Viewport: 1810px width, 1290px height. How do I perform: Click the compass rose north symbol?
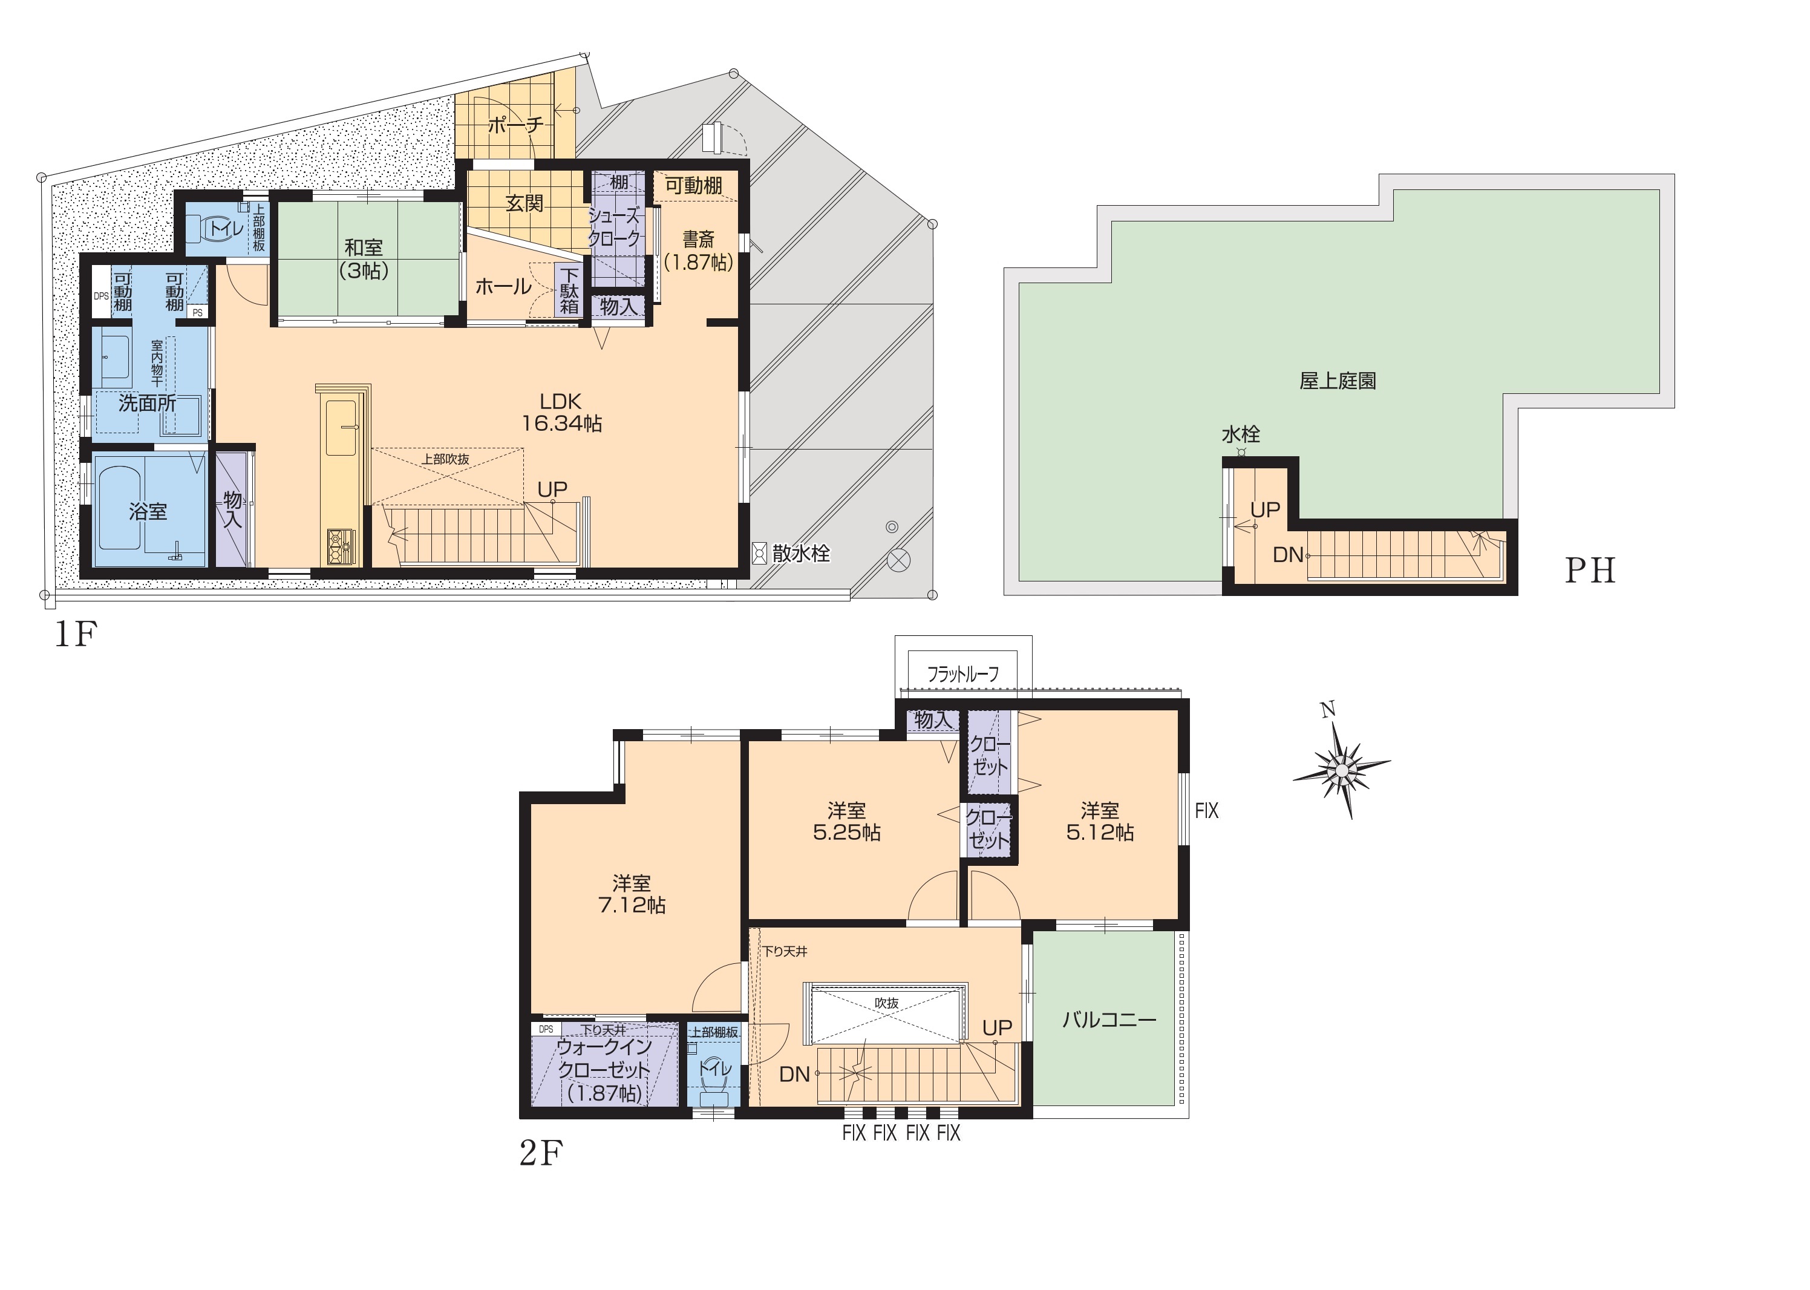pyautogui.click(x=1341, y=767)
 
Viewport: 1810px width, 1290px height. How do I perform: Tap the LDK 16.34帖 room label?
pyautogui.click(x=561, y=412)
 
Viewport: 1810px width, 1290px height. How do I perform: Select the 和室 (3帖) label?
pyautogui.click(x=364, y=259)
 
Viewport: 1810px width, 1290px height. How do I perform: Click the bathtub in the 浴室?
pyautogui.click(x=121, y=508)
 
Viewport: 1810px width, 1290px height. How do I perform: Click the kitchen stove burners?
pyautogui.click(x=341, y=546)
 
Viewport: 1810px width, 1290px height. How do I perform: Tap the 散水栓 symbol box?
pyautogui.click(x=759, y=554)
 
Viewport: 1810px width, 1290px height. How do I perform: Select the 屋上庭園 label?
pyautogui.click(x=1338, y=381)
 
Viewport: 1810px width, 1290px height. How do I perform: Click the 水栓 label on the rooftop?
pyautogui.click(x=1241, y=434)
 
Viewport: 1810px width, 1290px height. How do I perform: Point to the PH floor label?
pyautogui.click(x=1590, y=571)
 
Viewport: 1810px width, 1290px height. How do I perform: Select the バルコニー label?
pyautogui.click(x=1109, y=1020)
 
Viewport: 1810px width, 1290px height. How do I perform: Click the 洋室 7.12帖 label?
pyautogui.click(x=632, y=894)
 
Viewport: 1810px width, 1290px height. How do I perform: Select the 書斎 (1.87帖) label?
pyautogui.click(x=699, y=250)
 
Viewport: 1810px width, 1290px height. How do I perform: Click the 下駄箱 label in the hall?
pyautogui.click(x=569, y=290)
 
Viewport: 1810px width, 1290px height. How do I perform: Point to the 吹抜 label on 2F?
pyautogui.click(x=886, y=1003)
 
